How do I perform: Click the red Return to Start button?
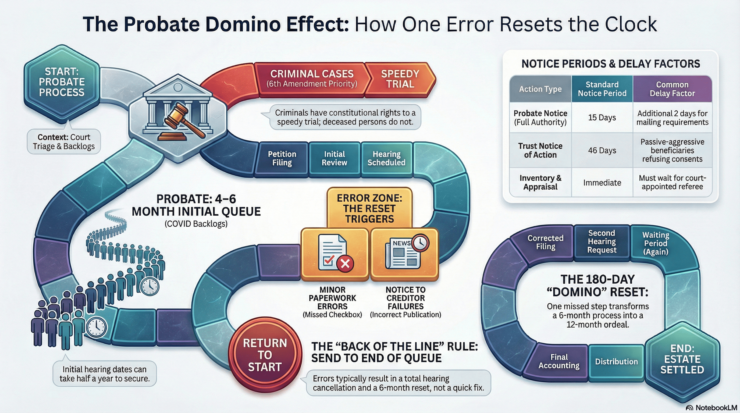point(265,355)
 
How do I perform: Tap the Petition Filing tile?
point(282,158)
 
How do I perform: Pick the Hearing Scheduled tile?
point(386,158)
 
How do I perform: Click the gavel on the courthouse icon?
point(184,121)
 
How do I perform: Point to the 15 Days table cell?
point(602,118)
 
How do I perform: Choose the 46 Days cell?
point(602,150)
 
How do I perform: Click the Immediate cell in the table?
point(602,183)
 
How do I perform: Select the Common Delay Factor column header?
point(672,89)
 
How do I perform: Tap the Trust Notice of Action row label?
point(540,150)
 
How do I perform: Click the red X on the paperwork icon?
point(345,263)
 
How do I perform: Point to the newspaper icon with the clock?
point(405,253)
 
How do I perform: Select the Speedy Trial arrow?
point(400,79)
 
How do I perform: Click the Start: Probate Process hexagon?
point(62,82)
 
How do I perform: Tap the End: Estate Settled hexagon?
point(682,359)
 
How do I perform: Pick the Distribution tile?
point(616,362)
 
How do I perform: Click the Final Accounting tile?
point(559,361)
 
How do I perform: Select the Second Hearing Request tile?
point(602,241)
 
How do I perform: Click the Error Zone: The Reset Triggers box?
point(369,208)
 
